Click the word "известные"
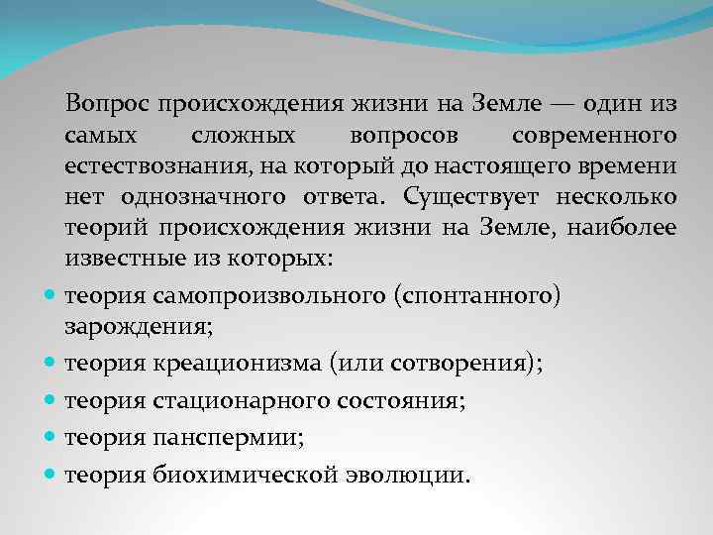coord(117,260)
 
